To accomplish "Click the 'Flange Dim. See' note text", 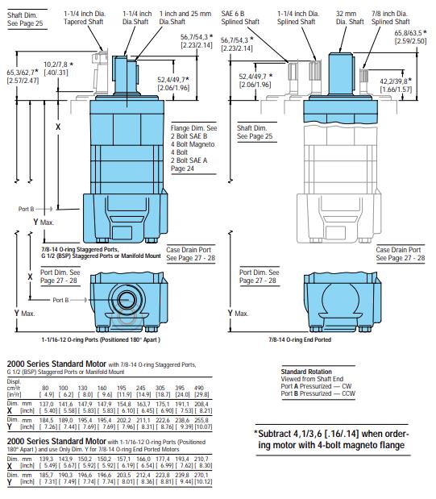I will pyautogui.click(x=193, y=128).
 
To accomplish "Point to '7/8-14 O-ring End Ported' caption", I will pyautogui.click(x=300, y=340).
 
